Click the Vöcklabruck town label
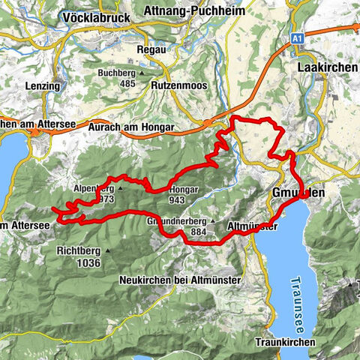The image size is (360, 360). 97,16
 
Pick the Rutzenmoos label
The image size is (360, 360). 180,85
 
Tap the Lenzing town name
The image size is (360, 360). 41,85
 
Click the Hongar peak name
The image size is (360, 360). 183,190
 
